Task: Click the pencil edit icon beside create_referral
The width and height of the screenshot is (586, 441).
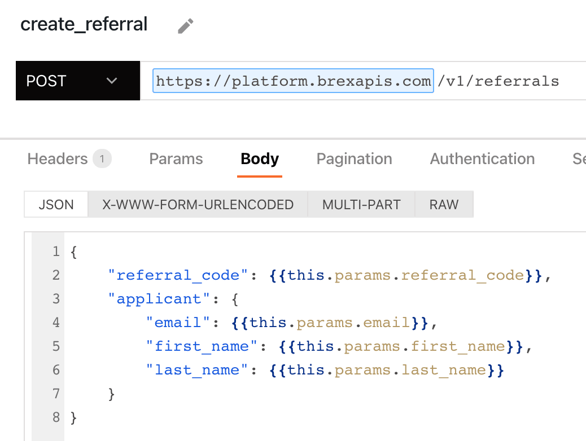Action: pos(186,26)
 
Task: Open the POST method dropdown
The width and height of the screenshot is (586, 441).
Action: pos(78,81)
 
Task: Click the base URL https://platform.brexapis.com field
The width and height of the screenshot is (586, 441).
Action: pos(293,81)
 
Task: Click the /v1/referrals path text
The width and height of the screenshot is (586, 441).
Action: pos(498,81)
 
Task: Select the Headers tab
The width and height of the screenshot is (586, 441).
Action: pos(57,159)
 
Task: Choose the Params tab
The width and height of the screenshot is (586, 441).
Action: pos(176,159)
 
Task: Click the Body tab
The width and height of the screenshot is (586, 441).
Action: pos(260,159)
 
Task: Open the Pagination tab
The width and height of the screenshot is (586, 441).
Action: pos(355,159)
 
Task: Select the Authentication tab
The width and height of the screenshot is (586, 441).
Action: pos(483,159)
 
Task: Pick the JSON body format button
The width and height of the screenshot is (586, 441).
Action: pos(56,204)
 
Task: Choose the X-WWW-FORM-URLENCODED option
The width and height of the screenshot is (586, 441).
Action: pos(198,204)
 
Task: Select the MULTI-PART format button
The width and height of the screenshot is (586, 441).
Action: pos(361,204)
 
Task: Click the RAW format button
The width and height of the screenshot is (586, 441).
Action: pos(444,204)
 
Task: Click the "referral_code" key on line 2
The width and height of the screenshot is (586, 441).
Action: pos(178,275)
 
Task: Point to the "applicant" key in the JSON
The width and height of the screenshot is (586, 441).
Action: pos(159,299)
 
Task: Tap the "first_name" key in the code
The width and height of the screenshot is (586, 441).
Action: pos(198,346)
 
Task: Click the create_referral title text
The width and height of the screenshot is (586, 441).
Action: pos(84,24)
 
